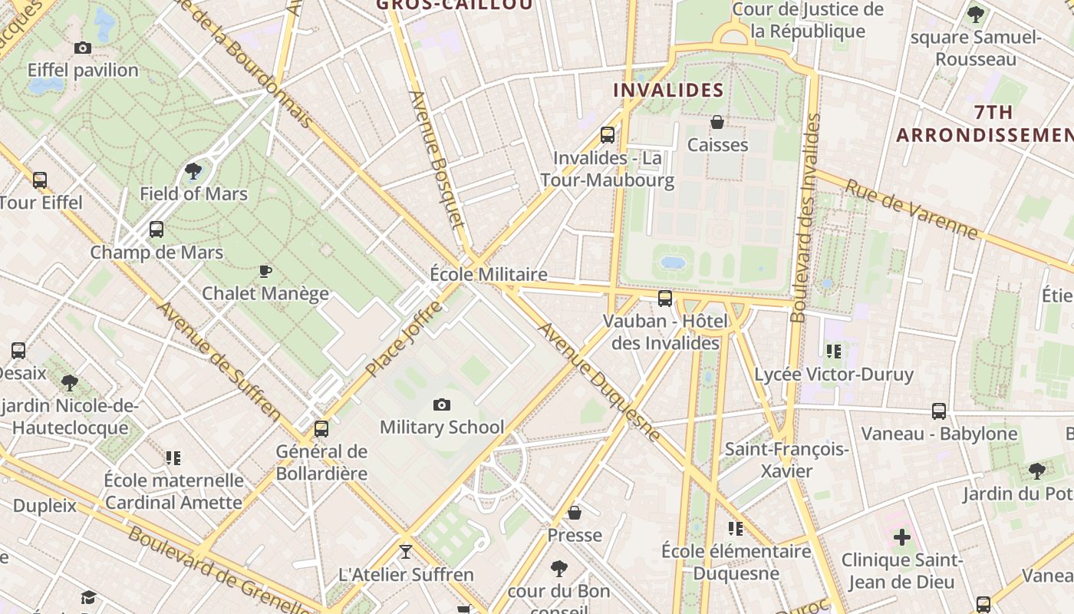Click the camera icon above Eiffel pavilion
tap(83, 48)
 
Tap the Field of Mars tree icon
tap(193, 171)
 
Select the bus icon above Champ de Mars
tap(156, 229)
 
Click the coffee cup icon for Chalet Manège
tap(265, 271)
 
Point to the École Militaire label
tap(489, 274)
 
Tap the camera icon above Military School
tap(442, 404)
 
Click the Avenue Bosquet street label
tap(437, 160)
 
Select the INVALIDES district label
tap(668, 90)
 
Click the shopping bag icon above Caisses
tap(717, 122)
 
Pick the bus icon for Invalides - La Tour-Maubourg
tap(608, 135)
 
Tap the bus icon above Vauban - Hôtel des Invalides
tap(665, 298)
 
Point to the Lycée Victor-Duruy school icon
tap(834, 352)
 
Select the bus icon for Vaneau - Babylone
tap(939, 411)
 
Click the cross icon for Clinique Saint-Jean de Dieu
tap(901, 536)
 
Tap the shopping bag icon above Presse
tap(575, 512)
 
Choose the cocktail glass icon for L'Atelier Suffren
tap(405, 551)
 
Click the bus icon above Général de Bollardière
tap(321, 428)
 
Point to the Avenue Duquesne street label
tap(599, 382)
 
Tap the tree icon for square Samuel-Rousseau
tap(976, 14)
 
